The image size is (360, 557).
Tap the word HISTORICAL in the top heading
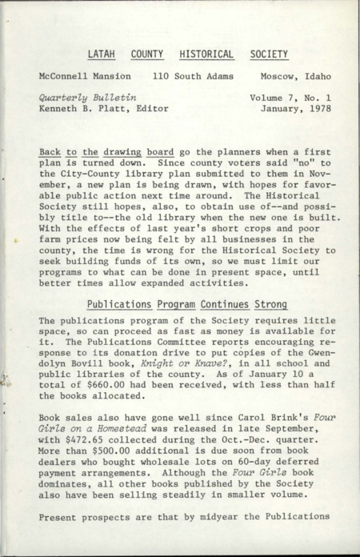pos(206,54)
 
